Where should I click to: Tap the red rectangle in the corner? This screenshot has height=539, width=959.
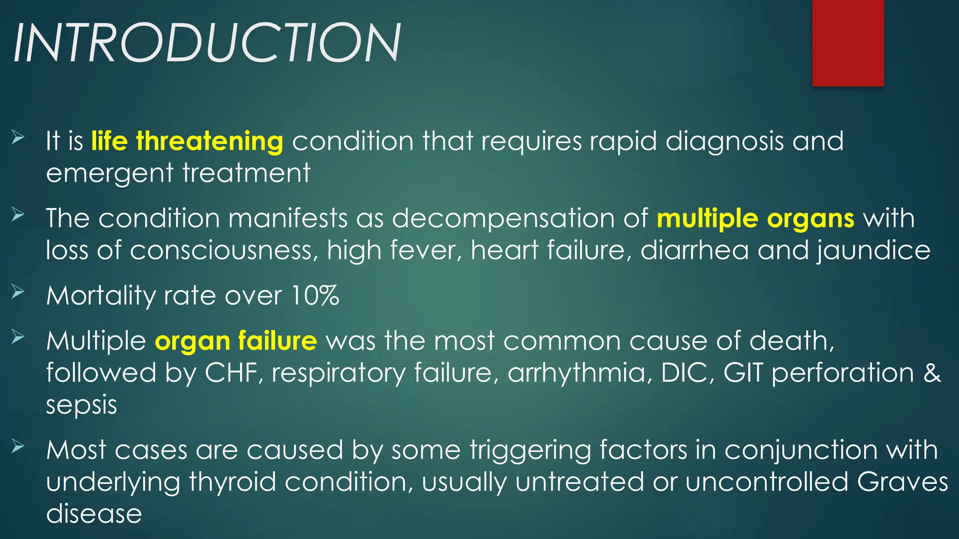point(848,43)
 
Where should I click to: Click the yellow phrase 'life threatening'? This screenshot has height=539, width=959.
point(187,141)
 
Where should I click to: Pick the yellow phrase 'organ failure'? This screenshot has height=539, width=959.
point(236,341)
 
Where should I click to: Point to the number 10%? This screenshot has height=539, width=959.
point(315,296)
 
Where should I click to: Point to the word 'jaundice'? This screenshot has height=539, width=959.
point(874,250)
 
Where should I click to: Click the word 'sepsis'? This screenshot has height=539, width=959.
point(81,405)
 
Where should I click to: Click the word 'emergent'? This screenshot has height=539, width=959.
point(110,173)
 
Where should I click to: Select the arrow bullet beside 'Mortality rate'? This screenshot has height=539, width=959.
point(18,292)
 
